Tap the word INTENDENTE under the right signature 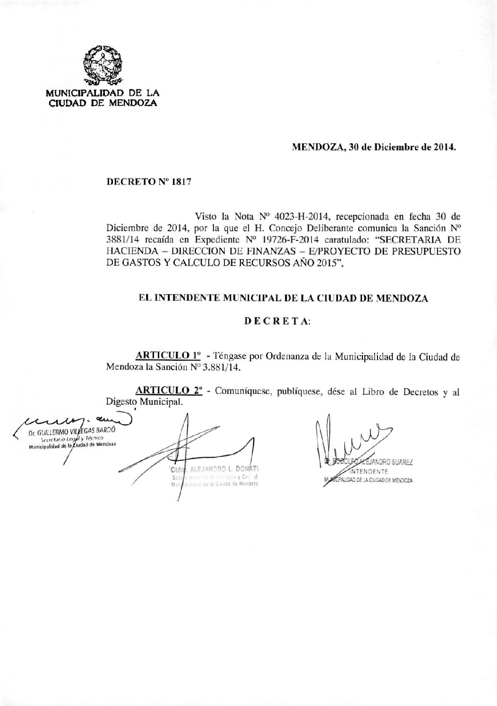pyautogui.click(x=368, y=471)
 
